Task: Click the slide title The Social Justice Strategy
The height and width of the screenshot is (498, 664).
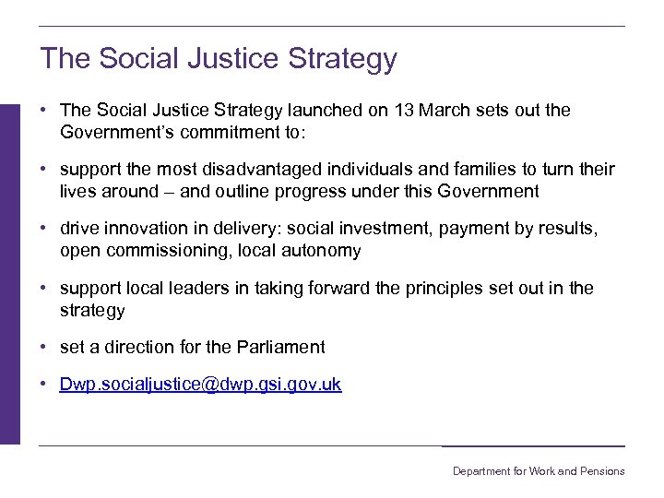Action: [219, 58]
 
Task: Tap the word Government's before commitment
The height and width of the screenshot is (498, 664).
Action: [118, 132]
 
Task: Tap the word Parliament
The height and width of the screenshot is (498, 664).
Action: [278, 348]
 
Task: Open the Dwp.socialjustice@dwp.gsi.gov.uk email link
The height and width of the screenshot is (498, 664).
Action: [200, 385]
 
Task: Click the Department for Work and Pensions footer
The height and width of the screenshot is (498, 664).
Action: [538, 471]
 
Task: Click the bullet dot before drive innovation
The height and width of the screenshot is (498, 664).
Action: [43, 230]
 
